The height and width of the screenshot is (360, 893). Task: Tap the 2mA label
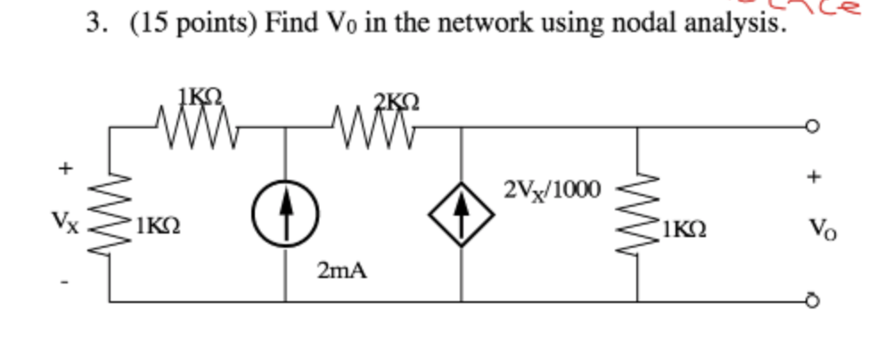coord(340,271)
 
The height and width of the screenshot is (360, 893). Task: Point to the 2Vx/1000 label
coord(552,189)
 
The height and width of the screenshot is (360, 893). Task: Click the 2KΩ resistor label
coord(389,101)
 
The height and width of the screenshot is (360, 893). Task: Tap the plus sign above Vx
coord(63,167)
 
